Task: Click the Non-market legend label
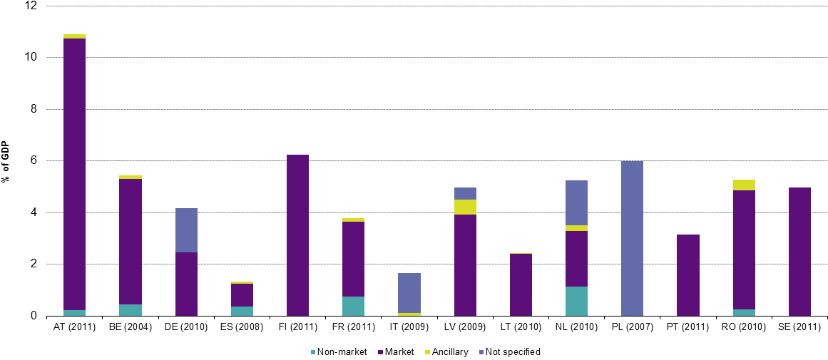pyautogui.click(x=342, y=352)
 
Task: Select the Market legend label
pyautogui.click(x=399, y=352)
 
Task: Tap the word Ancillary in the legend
pyautogui.click(x=450, y=352)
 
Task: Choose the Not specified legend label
pyautogui.click(x=513, y=352)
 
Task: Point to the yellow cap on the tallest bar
pyautogui.click(x=74, y=36)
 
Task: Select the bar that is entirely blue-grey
pyautogui.click(x=632, y=238)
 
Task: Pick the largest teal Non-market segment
pyautogui.click(x=576, y=301)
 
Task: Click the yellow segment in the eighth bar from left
pyautogui.click(x=465, y=207)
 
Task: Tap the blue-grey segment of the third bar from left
pyautogui.click(x=186, y=230)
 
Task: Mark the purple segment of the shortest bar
pyautogui.click(x=242, y=295)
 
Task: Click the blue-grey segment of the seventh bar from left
pyautogui.click(x=409, y=293)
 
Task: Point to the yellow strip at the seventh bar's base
pyautogui.click(x=409, y=314)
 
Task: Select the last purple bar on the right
pyautogui.click(x=799, y=252)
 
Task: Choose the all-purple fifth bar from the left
pyautogui.click(x=297, y=235)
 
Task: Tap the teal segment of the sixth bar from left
pyautogui.click(x=353, y=306)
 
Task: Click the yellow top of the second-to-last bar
pyautogui.click(x=744, y=185)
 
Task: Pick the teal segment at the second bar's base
pyautogui.click(x=130, y=310)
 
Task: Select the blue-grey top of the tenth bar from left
pyautogui.click(x=576, y=202)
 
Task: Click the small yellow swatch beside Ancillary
pyautogui.click(x=428, y=352)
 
